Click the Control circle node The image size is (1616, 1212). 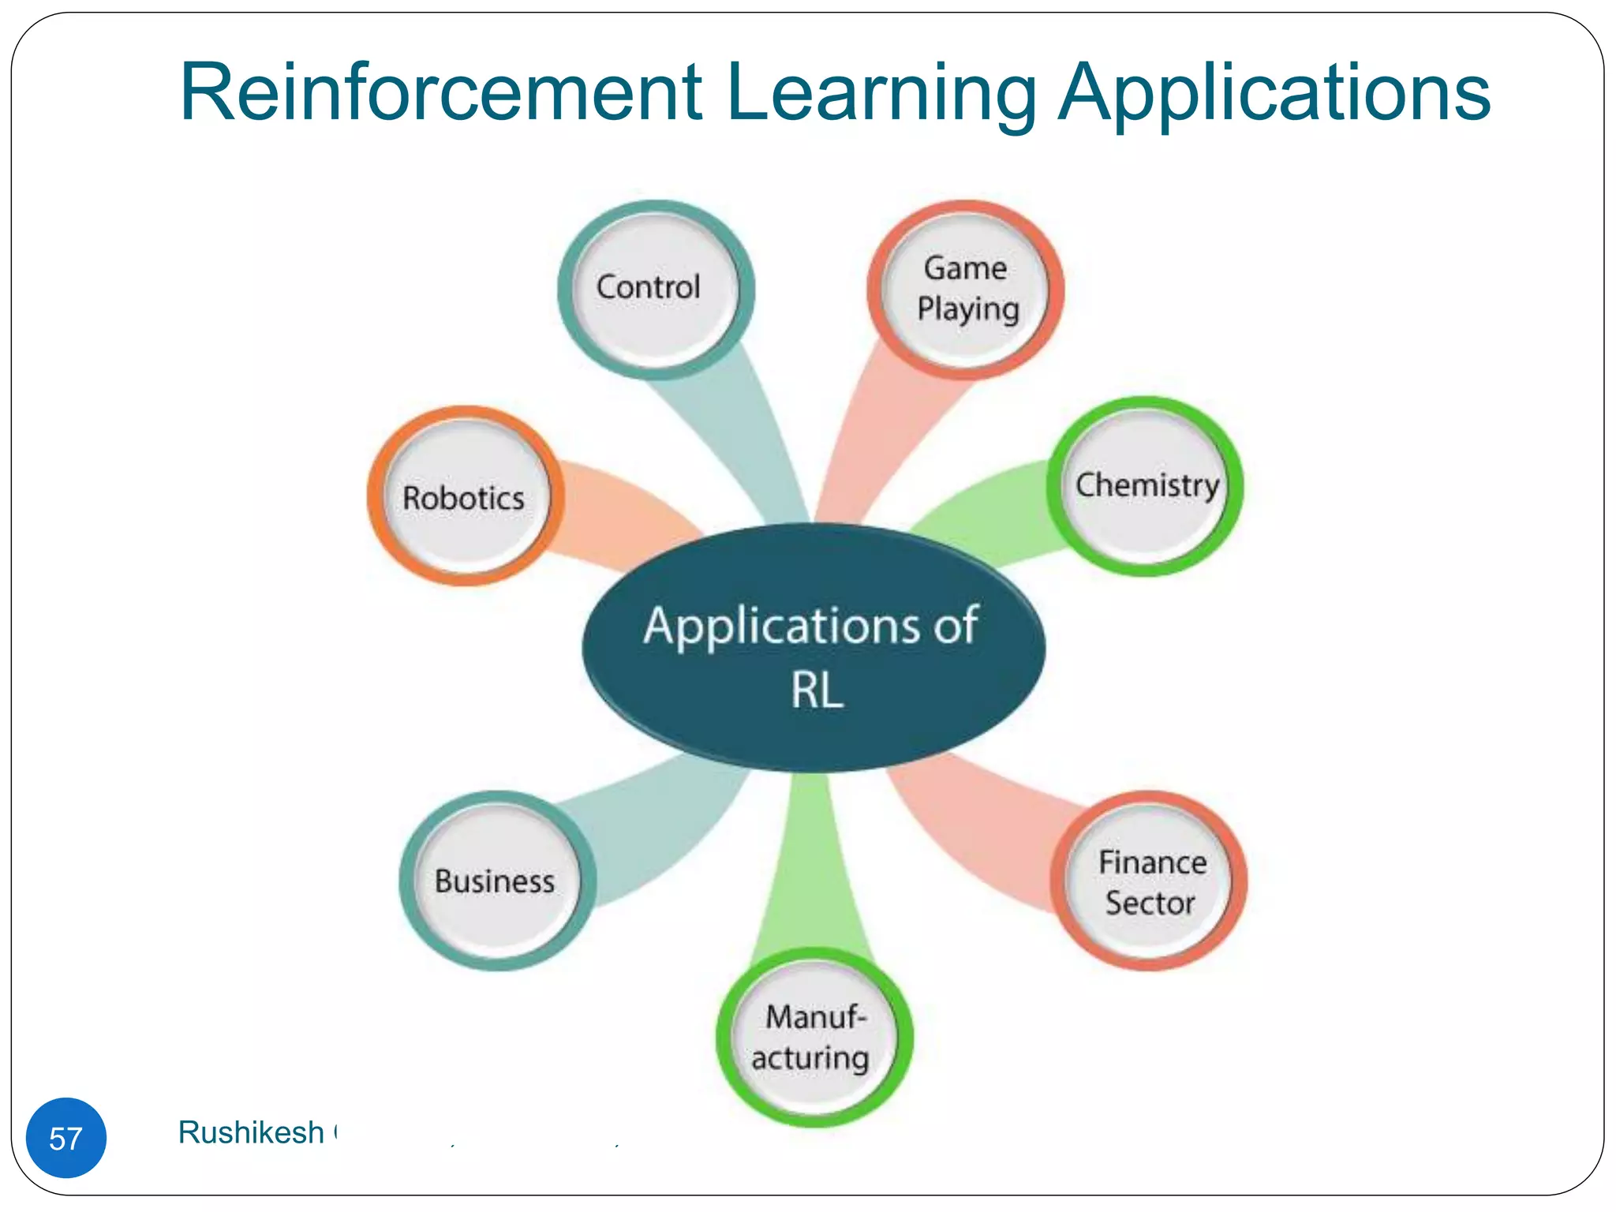655,290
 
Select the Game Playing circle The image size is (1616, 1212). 965,290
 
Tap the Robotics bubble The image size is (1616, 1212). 465,496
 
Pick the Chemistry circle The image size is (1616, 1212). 1145,486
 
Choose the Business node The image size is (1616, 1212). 496,881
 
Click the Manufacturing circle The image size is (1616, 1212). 814,1037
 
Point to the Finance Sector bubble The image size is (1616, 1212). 1149,881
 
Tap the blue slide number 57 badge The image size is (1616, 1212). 66,1137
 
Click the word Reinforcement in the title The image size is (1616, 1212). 440,93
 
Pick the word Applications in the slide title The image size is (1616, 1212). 1273,93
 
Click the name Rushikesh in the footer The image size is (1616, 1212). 251,1132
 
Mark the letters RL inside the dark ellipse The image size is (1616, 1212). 817,690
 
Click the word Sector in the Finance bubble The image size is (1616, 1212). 1150,903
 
